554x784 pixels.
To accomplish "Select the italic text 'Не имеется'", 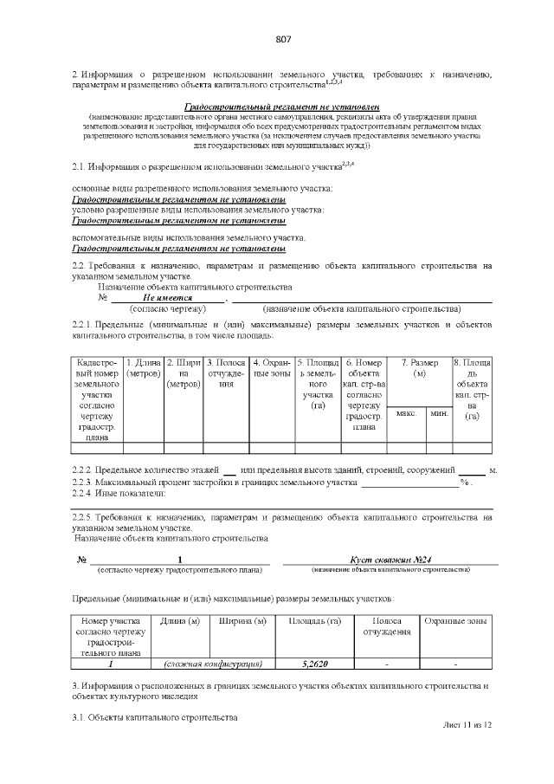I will tap(167, 296).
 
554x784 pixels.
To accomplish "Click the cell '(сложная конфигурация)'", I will tap(214, 664).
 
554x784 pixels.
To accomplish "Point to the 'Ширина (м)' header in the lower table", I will tap(242, 622).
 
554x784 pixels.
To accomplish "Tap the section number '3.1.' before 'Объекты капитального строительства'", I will tap(80, 717).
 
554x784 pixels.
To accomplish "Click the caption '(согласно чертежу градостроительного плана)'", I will tap(180, 570).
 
